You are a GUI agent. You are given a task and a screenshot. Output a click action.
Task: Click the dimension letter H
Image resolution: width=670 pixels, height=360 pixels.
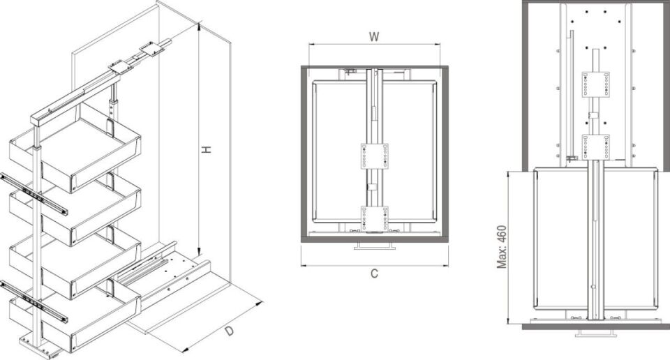[207, 149]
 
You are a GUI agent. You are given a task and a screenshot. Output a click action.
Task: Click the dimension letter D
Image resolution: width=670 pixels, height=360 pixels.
[230, 331]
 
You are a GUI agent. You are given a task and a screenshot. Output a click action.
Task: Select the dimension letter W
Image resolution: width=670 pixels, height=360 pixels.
[374, 38]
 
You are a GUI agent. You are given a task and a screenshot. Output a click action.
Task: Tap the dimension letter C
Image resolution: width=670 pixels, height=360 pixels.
[374, 273]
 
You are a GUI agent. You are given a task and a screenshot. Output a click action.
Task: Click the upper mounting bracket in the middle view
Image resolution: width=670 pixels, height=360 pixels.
[374, 156]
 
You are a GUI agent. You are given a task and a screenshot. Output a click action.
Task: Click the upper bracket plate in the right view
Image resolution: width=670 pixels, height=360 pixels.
[595, 84]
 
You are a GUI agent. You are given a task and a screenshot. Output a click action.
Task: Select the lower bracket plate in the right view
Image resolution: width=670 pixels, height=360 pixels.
[595, 146]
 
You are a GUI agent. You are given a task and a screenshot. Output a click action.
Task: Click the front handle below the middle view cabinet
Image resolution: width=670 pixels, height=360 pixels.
[374, 246]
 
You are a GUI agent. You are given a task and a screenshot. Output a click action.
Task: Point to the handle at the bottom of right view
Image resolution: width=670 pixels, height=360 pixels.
[595, 333]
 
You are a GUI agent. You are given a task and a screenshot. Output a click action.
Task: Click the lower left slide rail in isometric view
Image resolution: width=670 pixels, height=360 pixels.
[35, 301]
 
